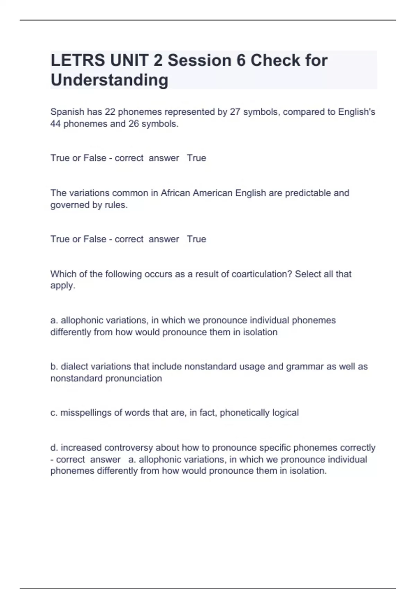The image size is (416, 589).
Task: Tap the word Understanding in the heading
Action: coord(109,80)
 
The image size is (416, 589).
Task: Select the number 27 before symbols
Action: coord(235,112)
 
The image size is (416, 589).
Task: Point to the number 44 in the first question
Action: coord(55,124)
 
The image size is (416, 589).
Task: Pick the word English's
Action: coord(356,112)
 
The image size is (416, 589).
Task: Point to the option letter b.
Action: coord(54,367)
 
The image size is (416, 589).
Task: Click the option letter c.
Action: coord(54,413)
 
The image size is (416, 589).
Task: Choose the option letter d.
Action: coord(54,448)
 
